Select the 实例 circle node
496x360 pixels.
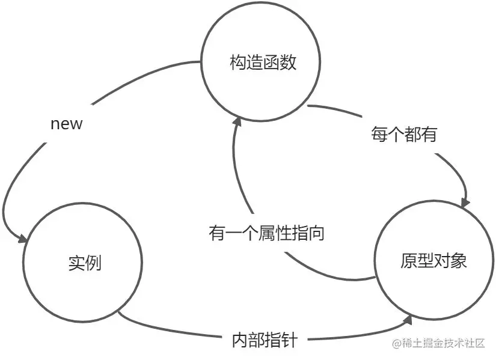tap(82, 263)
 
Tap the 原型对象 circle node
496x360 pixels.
tap(433, 261)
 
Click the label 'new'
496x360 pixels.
tap(66, 124)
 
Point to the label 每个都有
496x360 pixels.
tap(403, 135)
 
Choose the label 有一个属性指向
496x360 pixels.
tap(266, 233)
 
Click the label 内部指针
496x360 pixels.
tap(264, 340)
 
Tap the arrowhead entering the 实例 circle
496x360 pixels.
tap(24, 239)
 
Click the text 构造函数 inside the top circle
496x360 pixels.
tap(263, 62)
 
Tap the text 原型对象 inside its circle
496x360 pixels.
tap(433, 261)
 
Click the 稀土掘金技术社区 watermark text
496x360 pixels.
tap(444, 343)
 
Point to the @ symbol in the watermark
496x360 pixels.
tap(396, 344)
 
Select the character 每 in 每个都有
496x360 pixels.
tap(379, 135)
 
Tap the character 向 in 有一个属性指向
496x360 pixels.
tap(316, 233)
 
